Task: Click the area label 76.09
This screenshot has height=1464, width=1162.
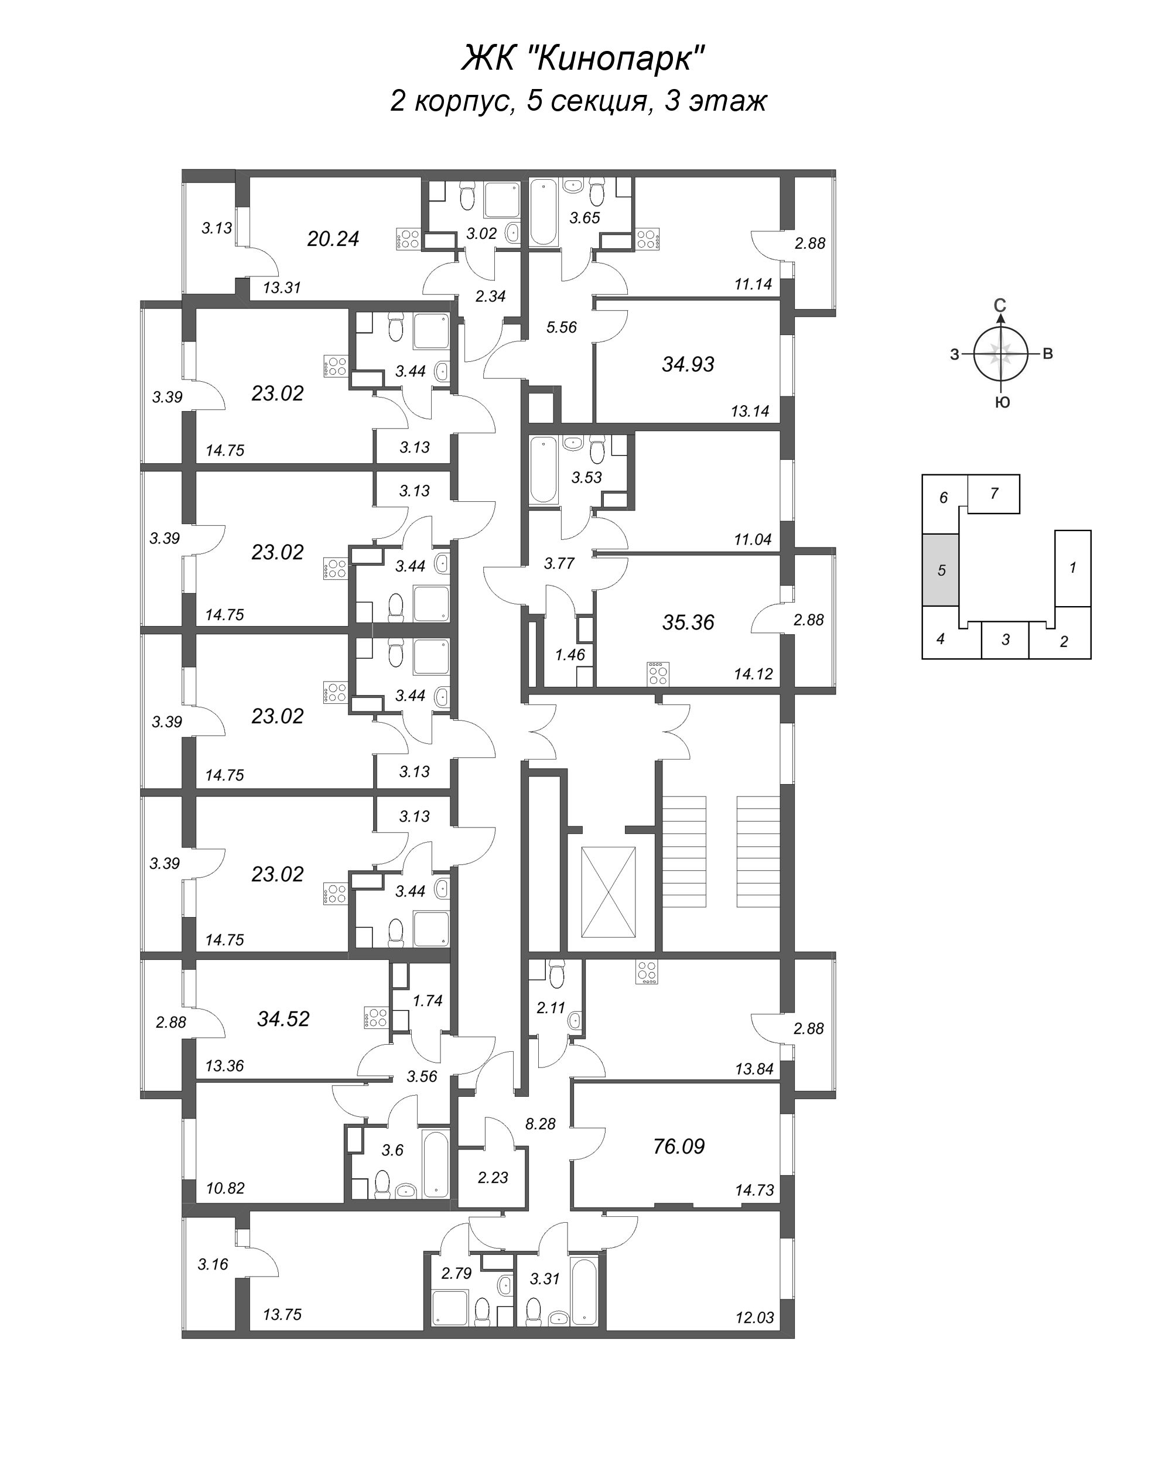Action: pyautogui.click(x=678, y=1147)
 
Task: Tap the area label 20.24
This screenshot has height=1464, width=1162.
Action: pyautogui.click(x=333, y=239)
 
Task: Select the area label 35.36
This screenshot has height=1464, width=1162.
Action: pyautogui.click(x=688, y=622)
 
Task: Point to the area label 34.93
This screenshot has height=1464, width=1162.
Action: pyautogui.click(x=688, y=365)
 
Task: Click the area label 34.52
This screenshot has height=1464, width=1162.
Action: pyautogui.click(x=283, y=1018)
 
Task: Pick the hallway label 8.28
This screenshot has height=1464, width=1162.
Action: pyautogui.click(x=541, y=1124)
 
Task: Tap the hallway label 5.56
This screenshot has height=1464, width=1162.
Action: pyautogui.click(x=562, y=327)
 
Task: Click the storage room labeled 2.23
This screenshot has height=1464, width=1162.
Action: pyautogui.click(x=493, y=1178)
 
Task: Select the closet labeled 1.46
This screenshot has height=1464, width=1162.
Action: pyautogui.click(x=570, y=655)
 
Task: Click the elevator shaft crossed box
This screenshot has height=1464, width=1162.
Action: pyautogui.click(x=609, y=891)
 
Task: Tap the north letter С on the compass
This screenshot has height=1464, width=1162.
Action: pyautogui.click(x=1000, y=306)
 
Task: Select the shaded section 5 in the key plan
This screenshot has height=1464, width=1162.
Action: pyautogui.click(x=941, y=570)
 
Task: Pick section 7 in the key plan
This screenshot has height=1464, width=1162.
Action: pyautogui.click(x=993, y=494)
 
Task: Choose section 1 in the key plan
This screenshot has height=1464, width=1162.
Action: pyautogui.click(x=1073, y=567)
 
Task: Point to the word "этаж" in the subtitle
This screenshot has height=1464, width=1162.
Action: pyautogui.click(x=728, y=102)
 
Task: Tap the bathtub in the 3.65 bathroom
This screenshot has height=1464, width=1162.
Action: pyautogui.click(x=544, y=211)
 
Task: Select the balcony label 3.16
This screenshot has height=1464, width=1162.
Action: pyautogui.click(x=213, y=1264)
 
